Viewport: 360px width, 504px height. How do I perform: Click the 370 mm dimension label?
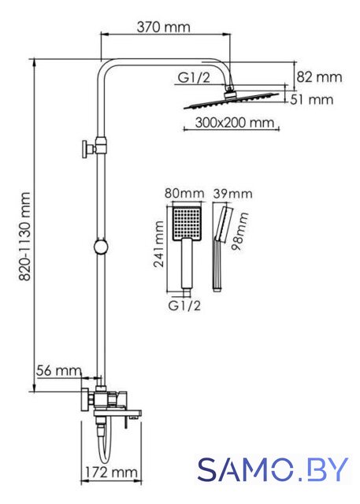point(164,27)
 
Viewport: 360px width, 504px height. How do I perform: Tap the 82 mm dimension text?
point(319,77)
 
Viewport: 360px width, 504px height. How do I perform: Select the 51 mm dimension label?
point(311,99)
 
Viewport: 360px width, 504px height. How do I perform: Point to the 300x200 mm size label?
point(235,123)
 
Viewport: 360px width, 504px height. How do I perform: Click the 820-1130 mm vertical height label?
point(24,236)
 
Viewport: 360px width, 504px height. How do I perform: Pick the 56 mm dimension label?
point(59,371)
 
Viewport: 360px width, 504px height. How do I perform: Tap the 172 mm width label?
point(111,472)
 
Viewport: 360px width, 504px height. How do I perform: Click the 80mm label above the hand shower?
point(184,194)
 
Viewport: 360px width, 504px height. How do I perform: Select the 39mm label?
point(233,194)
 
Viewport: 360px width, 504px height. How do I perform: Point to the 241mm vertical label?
point(158,244)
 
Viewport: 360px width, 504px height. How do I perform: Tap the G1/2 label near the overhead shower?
point(194,77)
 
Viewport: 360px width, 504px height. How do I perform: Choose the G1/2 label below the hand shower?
point(184,306)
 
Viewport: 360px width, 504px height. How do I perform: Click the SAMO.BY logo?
point(273,469)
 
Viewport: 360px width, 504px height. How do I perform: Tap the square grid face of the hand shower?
point(187,224)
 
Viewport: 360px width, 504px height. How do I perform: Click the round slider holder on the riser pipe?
point(102,247)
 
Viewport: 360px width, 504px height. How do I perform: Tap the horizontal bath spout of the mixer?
point(117,413)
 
